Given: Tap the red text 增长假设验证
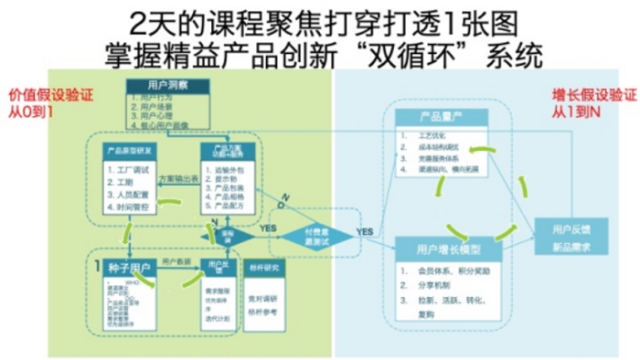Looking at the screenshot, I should pos(586,94).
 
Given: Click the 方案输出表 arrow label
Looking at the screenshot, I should pos(177,179).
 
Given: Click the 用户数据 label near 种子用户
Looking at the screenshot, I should pos(176,261).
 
